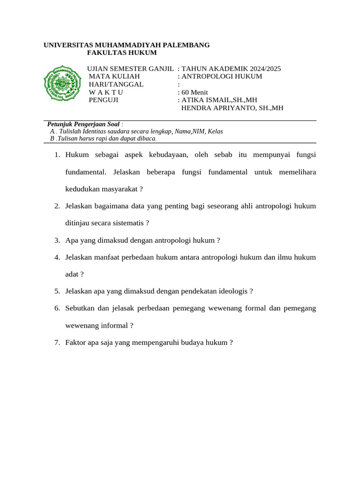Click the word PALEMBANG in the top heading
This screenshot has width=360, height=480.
[187, 45]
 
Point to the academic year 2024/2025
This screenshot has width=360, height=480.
[264, 68]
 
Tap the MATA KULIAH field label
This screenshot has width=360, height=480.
[114, 76]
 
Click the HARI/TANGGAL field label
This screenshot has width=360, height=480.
[116, 84]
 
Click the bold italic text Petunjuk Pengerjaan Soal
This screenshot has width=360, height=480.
[83, 124]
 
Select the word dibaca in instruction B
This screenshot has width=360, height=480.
[147, 139]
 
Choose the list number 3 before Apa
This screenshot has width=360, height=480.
[56, 240]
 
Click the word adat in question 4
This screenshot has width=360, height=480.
[72, 274]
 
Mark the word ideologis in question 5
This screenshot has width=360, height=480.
[234, 291]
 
